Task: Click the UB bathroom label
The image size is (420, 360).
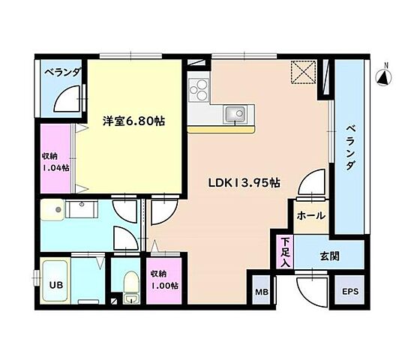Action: click(x=55, y=285)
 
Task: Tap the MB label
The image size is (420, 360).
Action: click(x=260, y=292)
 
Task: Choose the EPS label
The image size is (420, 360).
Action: click(x=350, y=292)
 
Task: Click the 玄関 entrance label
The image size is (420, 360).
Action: click(x=329, y=256)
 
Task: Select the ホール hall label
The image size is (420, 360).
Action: click(x=310, y=216)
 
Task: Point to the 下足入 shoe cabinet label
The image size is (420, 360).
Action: click(x=285, y=248)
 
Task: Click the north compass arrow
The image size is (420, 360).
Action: click(x=382, y=76)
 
